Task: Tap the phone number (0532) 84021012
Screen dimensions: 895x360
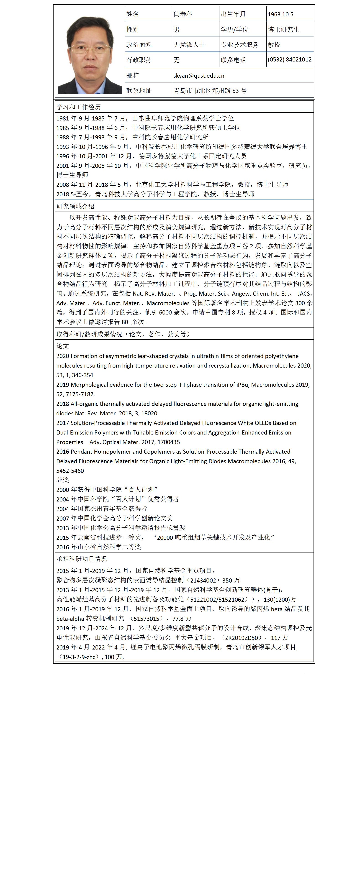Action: tap(289, 59)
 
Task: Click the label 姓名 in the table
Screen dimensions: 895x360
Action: tap(133, 14)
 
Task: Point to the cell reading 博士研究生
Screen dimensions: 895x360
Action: tap(283, 30)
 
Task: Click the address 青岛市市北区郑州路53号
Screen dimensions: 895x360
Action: tap(210, 91)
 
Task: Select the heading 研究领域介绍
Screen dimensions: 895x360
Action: tap(75, 206)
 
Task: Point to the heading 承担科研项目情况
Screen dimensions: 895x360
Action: tap(82, 559)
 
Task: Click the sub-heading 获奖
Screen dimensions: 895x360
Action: tap(63, 480)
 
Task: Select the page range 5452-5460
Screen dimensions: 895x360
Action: tap(70, 471)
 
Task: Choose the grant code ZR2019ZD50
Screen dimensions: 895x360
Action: tap(242, 638)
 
